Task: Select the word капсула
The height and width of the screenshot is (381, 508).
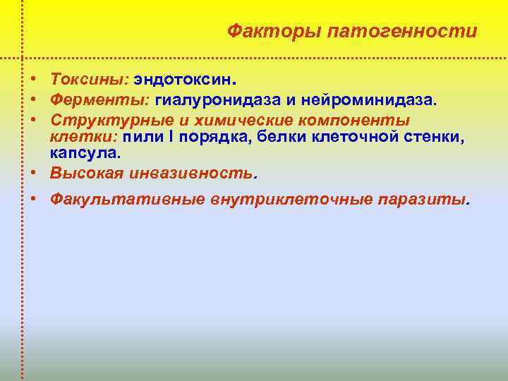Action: coord(83,152)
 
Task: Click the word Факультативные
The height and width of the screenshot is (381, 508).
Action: coord(127,199)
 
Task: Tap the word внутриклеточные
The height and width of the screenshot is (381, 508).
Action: coord(292,199)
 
